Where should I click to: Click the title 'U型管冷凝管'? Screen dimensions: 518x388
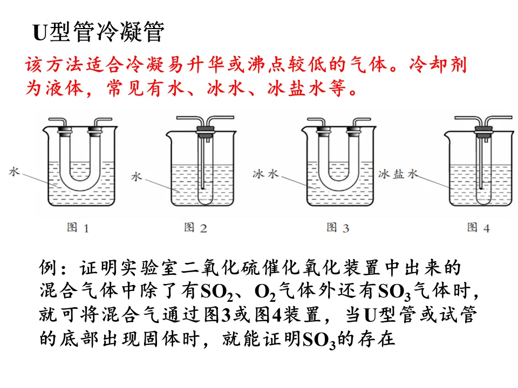coord(98,33)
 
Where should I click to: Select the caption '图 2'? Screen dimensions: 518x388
coord(195,227)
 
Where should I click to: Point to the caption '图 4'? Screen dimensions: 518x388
coord(478,227)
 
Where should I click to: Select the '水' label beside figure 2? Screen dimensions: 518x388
coord(137,176)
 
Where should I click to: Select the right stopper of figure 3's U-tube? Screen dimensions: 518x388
coord(355,130)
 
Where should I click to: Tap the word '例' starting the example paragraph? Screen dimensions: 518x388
coord(48,268)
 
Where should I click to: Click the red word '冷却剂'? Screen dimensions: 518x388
coord(438,65)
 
